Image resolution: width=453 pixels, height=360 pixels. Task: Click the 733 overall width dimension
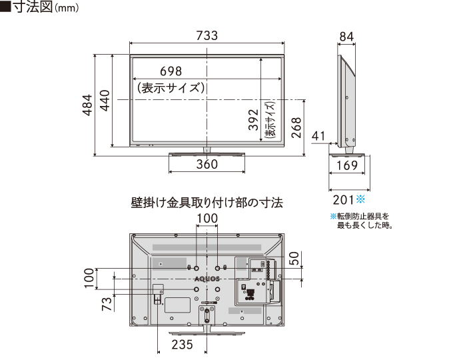(207, 37)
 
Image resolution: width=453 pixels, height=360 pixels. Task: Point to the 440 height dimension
(105, 101)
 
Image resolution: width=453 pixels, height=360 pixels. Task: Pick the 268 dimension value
(296, 127)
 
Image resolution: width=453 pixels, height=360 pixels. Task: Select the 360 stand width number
(207, 165)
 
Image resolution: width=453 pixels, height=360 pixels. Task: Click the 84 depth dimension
(346, 35)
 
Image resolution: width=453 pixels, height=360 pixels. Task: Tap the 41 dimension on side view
(318, 137)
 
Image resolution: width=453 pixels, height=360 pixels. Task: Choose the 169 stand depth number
(347, 165)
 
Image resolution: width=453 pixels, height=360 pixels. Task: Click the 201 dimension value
(341, 199)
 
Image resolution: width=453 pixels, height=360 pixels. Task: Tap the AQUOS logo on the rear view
(207, 279)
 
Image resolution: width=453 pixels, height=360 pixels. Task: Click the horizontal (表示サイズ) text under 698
(171, 87)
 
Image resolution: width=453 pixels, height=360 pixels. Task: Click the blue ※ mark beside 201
(362, 199)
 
